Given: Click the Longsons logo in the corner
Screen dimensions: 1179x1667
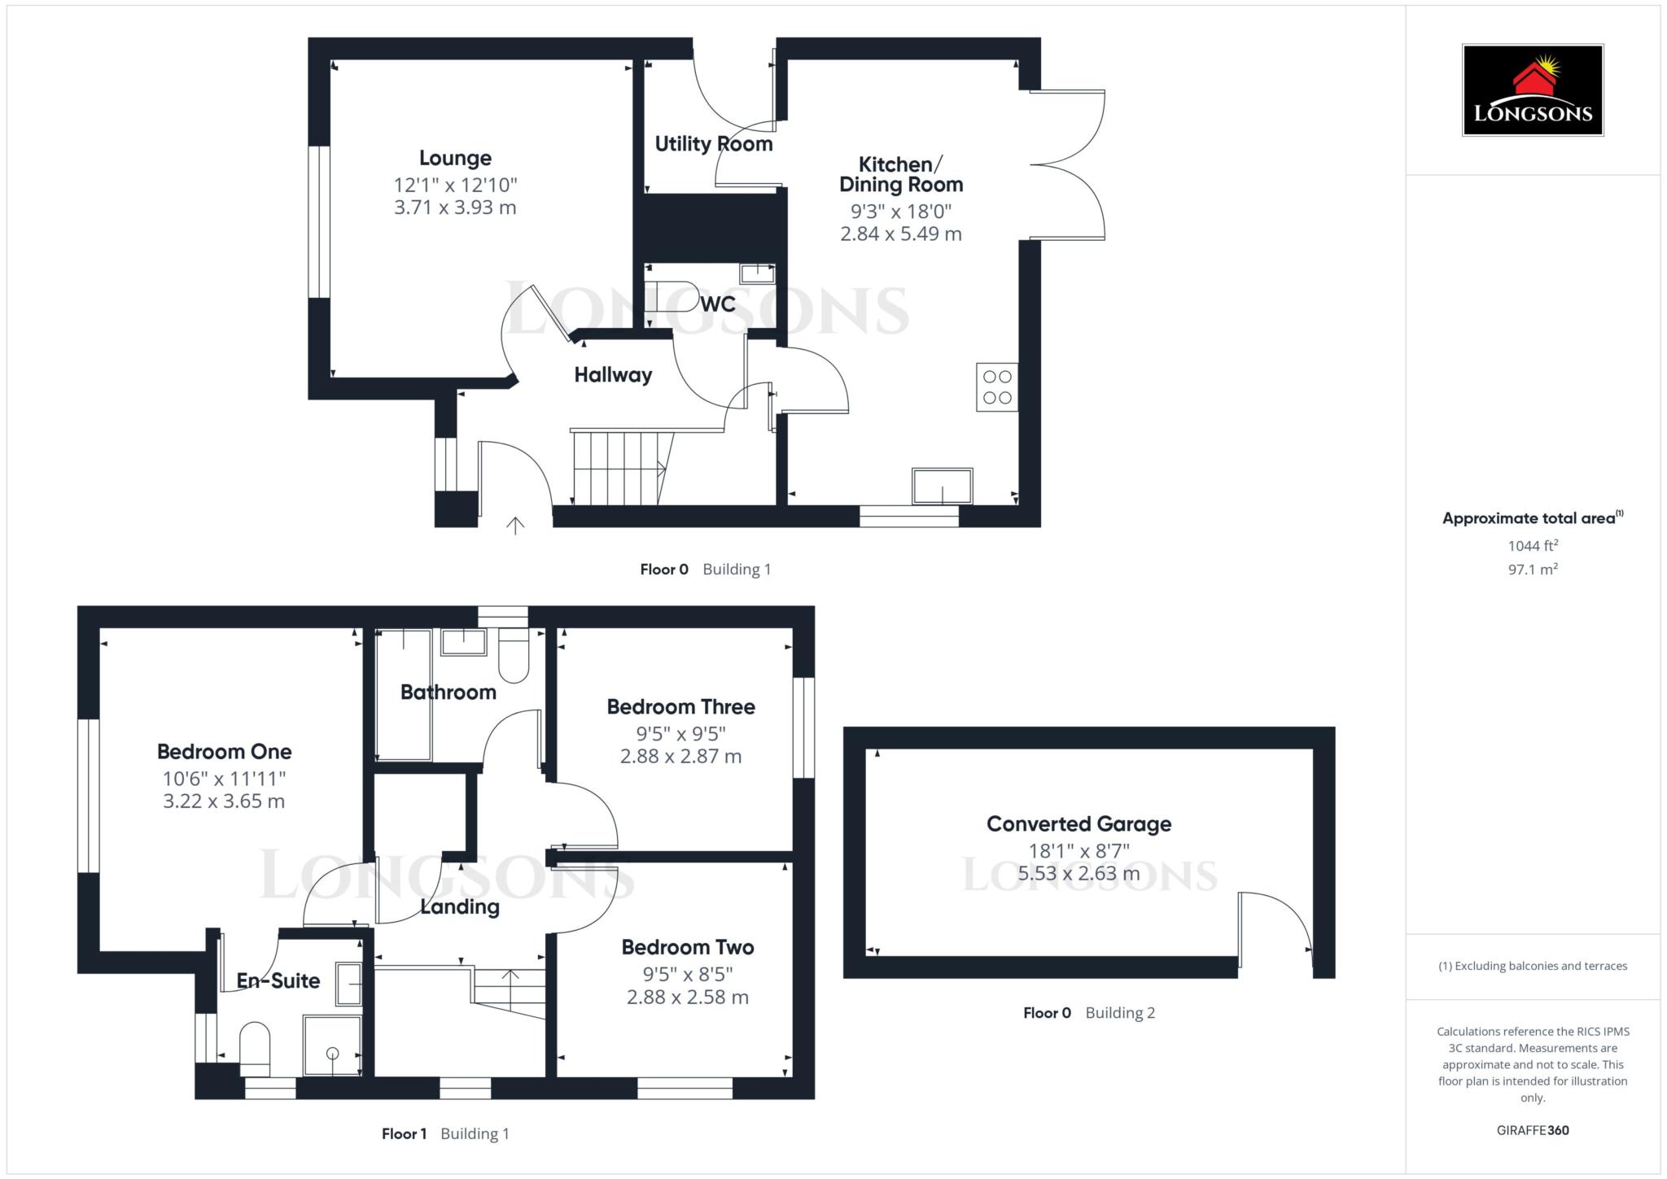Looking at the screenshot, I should point(1532,90).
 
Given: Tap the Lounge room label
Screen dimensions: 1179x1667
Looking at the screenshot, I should point(455,158).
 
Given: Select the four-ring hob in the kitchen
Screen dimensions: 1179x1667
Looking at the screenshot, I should point(997,387).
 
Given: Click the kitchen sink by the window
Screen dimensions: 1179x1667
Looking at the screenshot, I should point(942,487).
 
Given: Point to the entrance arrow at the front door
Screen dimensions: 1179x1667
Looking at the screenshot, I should point(514,525).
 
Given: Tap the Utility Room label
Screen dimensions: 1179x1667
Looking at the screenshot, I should point(713,144).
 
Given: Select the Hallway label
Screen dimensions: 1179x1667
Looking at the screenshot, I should point(613,375).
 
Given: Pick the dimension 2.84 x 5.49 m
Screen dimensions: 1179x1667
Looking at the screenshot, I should point(900,234).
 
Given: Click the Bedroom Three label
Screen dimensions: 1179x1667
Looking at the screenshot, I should point(680,706).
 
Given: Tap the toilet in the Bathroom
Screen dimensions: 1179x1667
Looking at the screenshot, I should point(514,656).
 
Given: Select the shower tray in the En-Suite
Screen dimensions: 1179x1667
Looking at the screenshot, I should point(332,1046).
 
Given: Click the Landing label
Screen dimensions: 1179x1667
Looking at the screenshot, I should point(460,906).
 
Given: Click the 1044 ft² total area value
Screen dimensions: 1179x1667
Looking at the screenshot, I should point(1532,546).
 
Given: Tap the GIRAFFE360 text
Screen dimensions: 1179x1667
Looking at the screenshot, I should point(1532,1130).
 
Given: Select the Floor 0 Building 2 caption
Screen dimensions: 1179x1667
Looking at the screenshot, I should point(1088,1013).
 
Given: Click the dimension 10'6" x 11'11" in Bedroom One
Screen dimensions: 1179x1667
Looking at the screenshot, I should point(224,779).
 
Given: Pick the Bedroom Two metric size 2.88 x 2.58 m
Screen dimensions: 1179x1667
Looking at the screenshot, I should point(687,997).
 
